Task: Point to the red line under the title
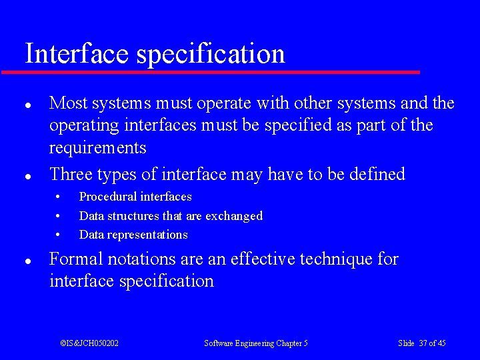coord(211,71)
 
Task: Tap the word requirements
coord(97,147)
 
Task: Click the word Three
coord(71,174)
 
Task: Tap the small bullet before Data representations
coord(59,235)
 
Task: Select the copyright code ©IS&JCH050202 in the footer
coord(89,343)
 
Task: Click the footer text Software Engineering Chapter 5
coord(256,343)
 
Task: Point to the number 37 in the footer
coord(423,343)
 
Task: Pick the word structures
coord(133,215)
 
